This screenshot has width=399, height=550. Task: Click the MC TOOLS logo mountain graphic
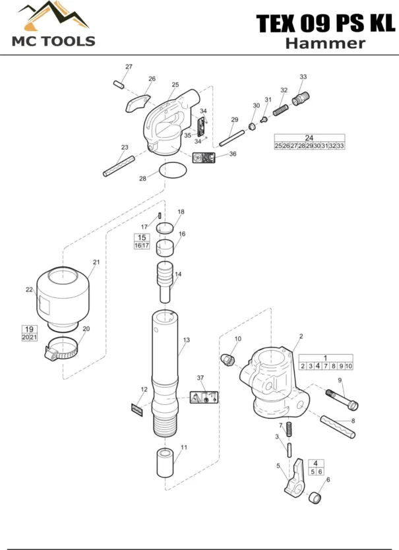pos(53,18)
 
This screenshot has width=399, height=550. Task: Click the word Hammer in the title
pos(324,44)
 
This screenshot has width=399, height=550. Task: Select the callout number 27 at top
pos(129,67)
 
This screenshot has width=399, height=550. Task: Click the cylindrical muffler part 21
pos(63,297)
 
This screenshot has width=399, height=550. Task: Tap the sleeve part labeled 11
pos(164,462)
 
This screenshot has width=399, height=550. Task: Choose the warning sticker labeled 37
pos(204,398)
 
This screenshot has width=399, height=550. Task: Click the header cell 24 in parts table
pos(309,137)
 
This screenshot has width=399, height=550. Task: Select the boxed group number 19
pos(28,328)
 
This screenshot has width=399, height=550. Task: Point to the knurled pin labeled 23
pos(119,166)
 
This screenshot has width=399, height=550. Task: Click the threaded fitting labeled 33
pos(301,100)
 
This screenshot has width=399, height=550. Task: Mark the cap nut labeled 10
pos(228,358)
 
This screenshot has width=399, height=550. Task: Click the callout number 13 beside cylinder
pos(187,340)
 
